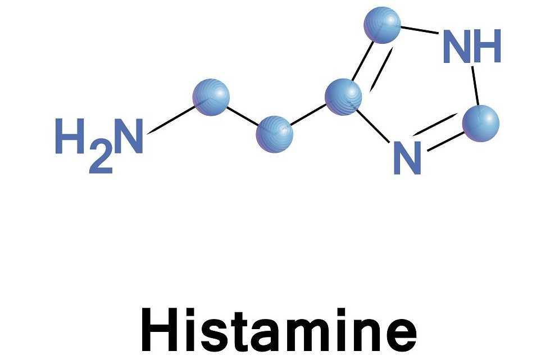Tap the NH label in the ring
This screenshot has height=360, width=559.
[471, 46]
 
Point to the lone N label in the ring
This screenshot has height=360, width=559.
[406, 157]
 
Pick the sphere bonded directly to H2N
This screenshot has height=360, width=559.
[211, 97]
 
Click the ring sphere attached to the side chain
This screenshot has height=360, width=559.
[344, 97]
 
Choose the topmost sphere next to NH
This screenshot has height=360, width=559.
[382, 24]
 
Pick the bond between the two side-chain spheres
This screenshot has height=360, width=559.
[243, 116]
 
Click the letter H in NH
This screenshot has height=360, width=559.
[487, 46]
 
